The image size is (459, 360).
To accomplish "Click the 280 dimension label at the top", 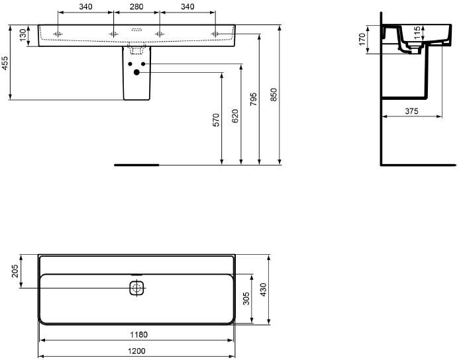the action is pyautogui.click(x=136, y=7).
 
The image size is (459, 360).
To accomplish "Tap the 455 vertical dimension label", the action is pyautogui.click(x=5, y=63).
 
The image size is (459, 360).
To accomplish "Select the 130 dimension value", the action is pyautogui.click(x=23, y=35).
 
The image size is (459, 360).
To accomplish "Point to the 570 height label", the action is pyautogui.click(x=216, y=120).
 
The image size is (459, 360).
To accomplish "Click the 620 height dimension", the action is pyautogui.click(x=234, y=116).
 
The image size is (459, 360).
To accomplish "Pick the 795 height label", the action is pyautogui.click(x=254, y=99).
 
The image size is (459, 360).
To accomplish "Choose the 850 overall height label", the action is pyautogui.click(x=273, y=95).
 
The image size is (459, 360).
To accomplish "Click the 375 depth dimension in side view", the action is pyautogui.click(x=411, y=111).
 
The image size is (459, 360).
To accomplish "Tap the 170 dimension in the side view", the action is pyautogui.click(x=362, y=39).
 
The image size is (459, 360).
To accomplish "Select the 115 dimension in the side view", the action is pyautogui.click(x=417, y=32).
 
